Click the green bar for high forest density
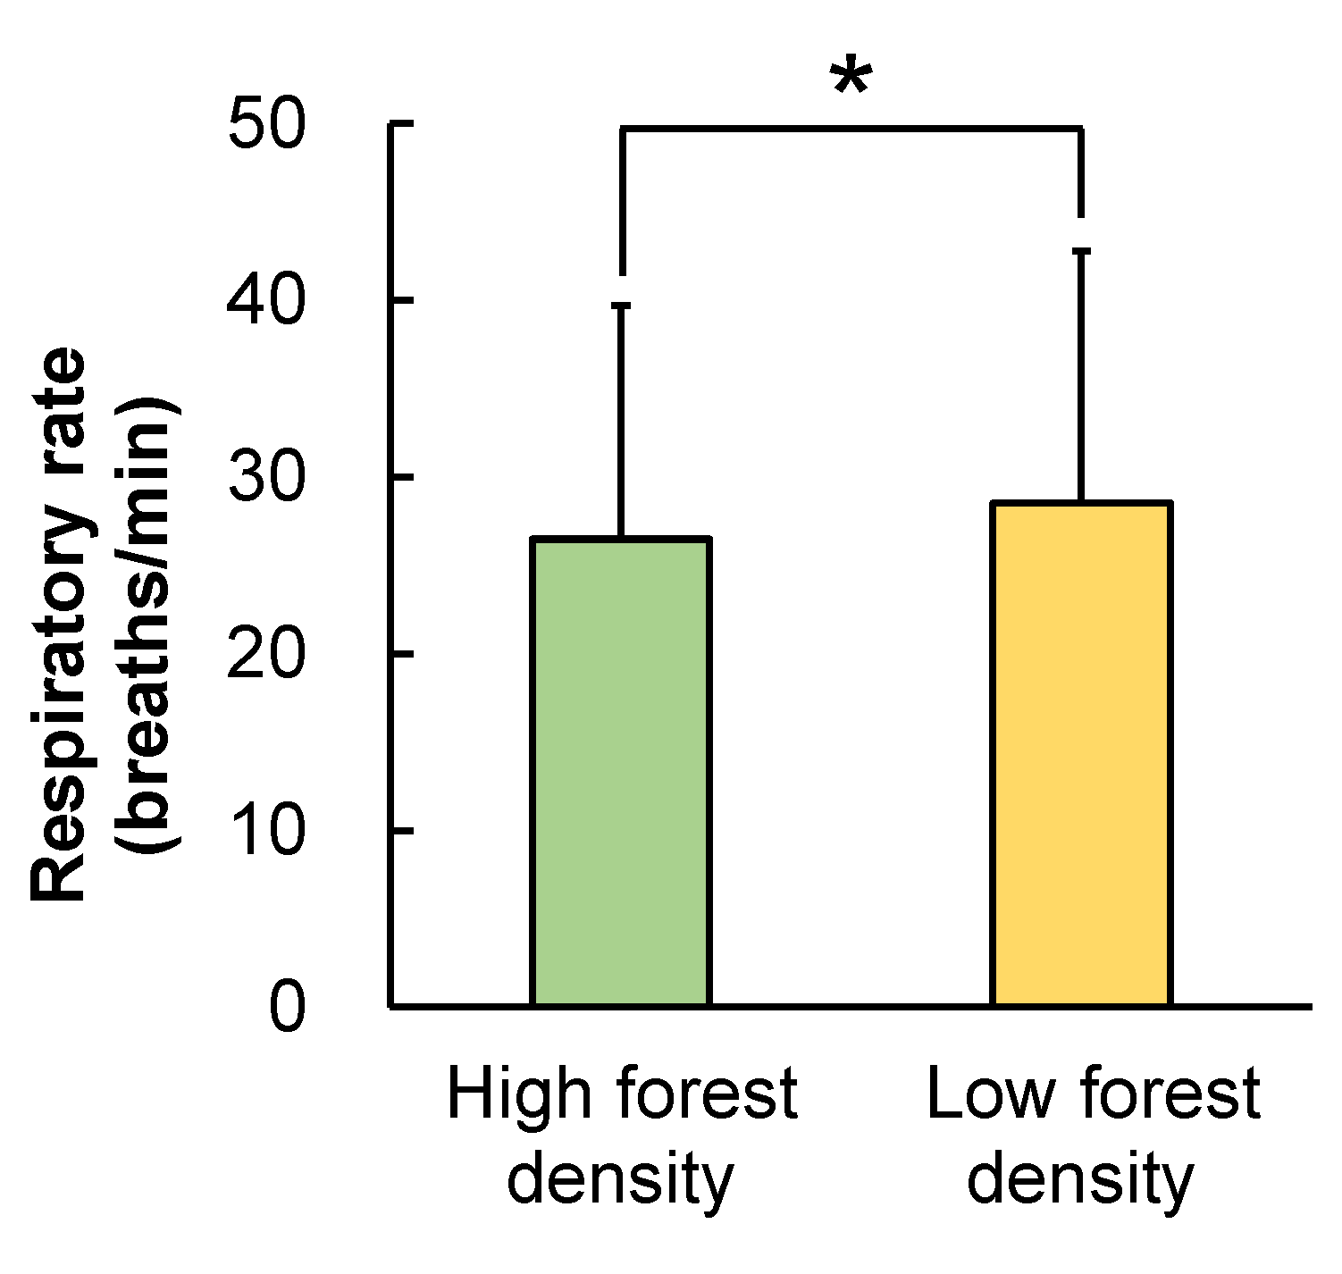[620, 772]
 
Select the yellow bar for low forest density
[1080, 754]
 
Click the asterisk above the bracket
[850, 79]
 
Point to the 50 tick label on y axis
[266, 124]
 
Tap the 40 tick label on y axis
[266, 301]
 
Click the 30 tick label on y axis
[266, 478]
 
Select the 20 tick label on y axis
[266, 655]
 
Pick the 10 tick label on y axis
[266, 831]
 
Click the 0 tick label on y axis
[287, 1008]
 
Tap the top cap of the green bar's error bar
[620, 306]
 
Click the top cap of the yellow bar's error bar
[1081, 252]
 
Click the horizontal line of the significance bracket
[851, 130]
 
